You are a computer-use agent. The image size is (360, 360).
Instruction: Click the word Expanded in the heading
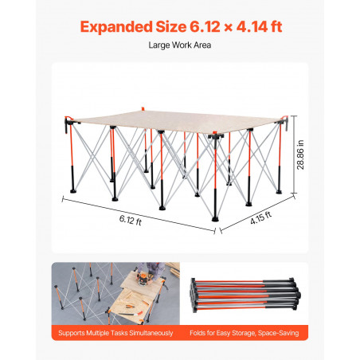pos(116,27)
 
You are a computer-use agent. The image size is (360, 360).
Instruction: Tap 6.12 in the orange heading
pos(205,26)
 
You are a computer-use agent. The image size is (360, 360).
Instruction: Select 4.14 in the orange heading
pos(252,26)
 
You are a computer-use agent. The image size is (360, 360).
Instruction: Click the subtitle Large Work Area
pos(180,45)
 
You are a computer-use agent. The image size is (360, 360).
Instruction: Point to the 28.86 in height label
pos(300,155)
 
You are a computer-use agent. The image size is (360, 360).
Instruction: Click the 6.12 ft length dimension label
pos(131,220)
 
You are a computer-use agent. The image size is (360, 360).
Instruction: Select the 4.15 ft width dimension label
pos(260,217)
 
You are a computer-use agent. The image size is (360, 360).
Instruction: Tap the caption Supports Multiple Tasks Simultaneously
pos(115,333)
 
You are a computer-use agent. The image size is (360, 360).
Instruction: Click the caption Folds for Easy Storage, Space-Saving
pos(245,333)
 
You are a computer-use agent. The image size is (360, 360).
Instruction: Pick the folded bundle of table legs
pos(245,295)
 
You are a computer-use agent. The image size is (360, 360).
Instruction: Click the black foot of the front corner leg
pos(215,219)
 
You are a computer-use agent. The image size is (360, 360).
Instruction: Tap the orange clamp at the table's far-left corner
pos(68,117)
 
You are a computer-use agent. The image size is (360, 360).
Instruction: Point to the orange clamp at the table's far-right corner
pos(284,117)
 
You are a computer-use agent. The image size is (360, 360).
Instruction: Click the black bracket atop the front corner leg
pos(215,136)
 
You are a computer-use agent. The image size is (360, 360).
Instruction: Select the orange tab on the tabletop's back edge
pos(143,109)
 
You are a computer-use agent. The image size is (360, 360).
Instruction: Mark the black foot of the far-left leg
pos(73,191)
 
